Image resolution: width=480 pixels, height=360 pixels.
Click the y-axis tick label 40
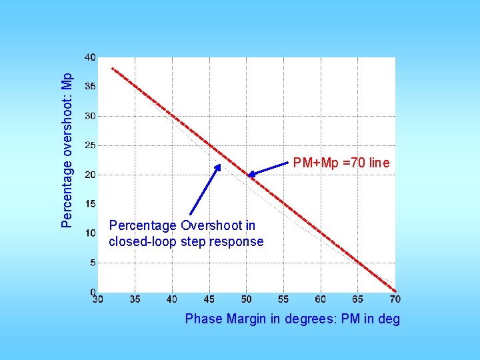click(89, 58)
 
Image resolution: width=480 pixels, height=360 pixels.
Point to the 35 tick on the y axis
click(89, 87)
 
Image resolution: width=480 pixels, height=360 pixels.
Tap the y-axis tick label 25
click(89, 145)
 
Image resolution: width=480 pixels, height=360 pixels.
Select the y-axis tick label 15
click(89, 204)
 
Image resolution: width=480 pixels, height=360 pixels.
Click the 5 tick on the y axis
click(92, 263)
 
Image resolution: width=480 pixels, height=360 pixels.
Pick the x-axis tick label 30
click(97, 299)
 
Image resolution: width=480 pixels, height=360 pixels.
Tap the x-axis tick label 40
click(172, 299)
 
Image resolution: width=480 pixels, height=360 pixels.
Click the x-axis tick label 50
click(247, 299)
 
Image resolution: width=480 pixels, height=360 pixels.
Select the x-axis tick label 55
click(283, 299)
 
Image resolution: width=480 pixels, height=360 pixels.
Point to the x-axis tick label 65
click(358, 299)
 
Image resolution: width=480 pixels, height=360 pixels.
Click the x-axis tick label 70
click(395, 299)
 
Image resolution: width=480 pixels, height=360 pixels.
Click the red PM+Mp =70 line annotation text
click(341, 163)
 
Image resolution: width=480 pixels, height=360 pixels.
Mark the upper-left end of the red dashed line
click(112, 68)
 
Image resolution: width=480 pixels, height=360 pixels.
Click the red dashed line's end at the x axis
click(395, 291)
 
